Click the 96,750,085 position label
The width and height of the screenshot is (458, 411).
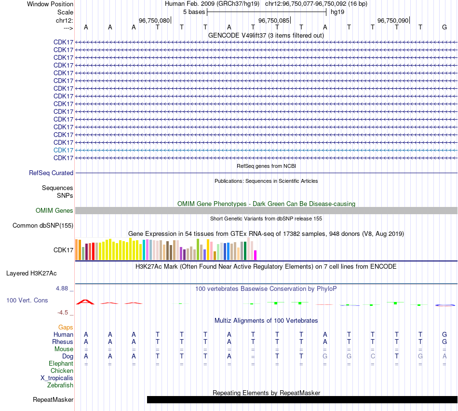(x=274, y=21)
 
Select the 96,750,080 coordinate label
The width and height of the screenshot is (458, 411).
(x=154, y=21)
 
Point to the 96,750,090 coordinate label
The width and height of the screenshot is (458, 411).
(x=393, y=21)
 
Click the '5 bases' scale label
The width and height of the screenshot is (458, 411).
(x=194, y=12)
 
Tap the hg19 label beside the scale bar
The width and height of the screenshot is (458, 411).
(x=337, y=12)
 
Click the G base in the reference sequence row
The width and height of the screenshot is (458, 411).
(x=444, y=27)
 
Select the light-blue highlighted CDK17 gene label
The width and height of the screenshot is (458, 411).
(x=64, y=150)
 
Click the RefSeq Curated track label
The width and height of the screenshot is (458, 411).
(x=51, y=173)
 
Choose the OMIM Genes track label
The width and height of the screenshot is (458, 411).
(x=54, y=210)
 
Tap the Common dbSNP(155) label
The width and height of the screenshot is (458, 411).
(x=43, y=225)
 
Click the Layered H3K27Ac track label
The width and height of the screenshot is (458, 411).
(x=31, y=273)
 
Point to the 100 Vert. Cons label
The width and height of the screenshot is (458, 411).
(x=27, y=300)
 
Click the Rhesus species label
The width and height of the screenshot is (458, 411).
(x=63, y=342)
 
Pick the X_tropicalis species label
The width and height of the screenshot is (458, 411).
(x=57, y=378)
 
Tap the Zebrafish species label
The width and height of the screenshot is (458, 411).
(x=60, y=385)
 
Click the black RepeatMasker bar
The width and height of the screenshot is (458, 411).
(x=302, y=399)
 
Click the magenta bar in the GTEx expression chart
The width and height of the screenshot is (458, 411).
(x=256, y=255)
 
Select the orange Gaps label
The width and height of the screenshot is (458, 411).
(x=66, y=327)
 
